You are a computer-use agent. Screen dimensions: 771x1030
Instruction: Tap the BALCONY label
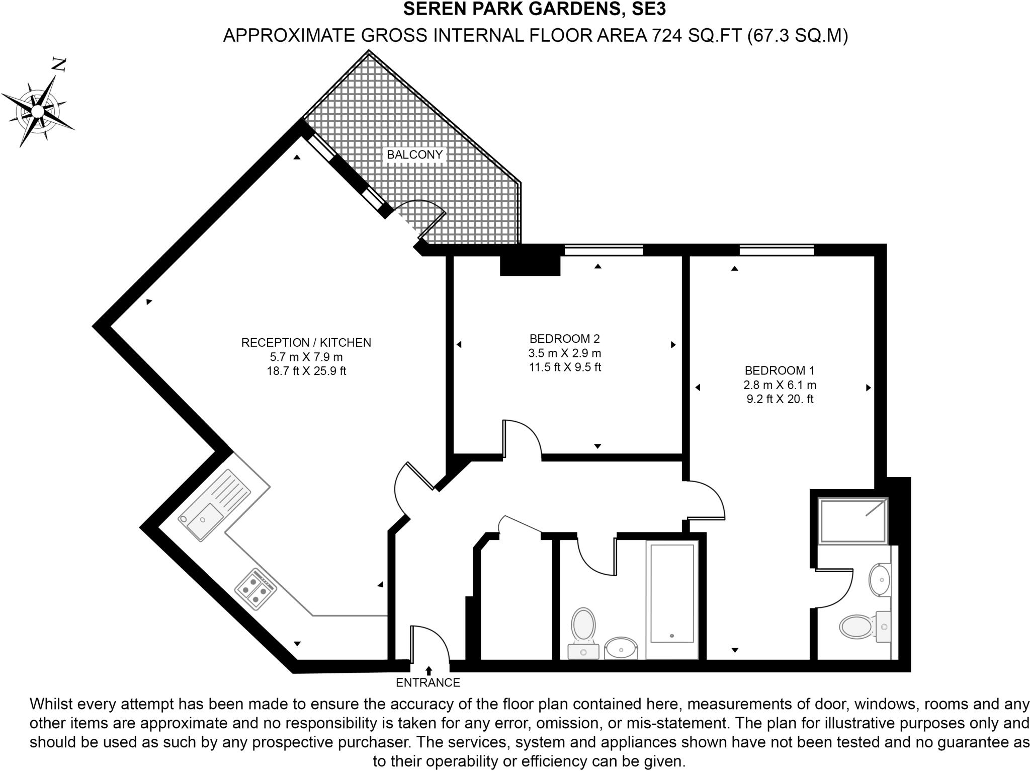[414, 155]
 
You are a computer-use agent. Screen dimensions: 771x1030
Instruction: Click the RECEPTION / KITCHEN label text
[306, 343]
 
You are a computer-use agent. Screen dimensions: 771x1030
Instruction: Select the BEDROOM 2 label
[564, 339]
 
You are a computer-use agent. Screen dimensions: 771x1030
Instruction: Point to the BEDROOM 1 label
[779, 371]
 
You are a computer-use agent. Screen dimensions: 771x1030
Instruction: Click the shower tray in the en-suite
[852, 520]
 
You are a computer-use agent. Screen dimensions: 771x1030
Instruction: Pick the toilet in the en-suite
[857, 627]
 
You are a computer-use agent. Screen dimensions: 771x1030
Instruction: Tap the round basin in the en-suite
[880, 580]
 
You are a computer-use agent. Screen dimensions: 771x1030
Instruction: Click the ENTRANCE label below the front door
[428, 683]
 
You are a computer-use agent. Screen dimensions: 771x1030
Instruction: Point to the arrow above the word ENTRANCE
[428, 671]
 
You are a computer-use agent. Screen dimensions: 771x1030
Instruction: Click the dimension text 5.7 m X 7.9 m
[306, 357]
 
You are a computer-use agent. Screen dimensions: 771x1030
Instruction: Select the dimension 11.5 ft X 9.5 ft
[564, 367]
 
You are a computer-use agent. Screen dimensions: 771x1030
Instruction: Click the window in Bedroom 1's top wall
[777, 250]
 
